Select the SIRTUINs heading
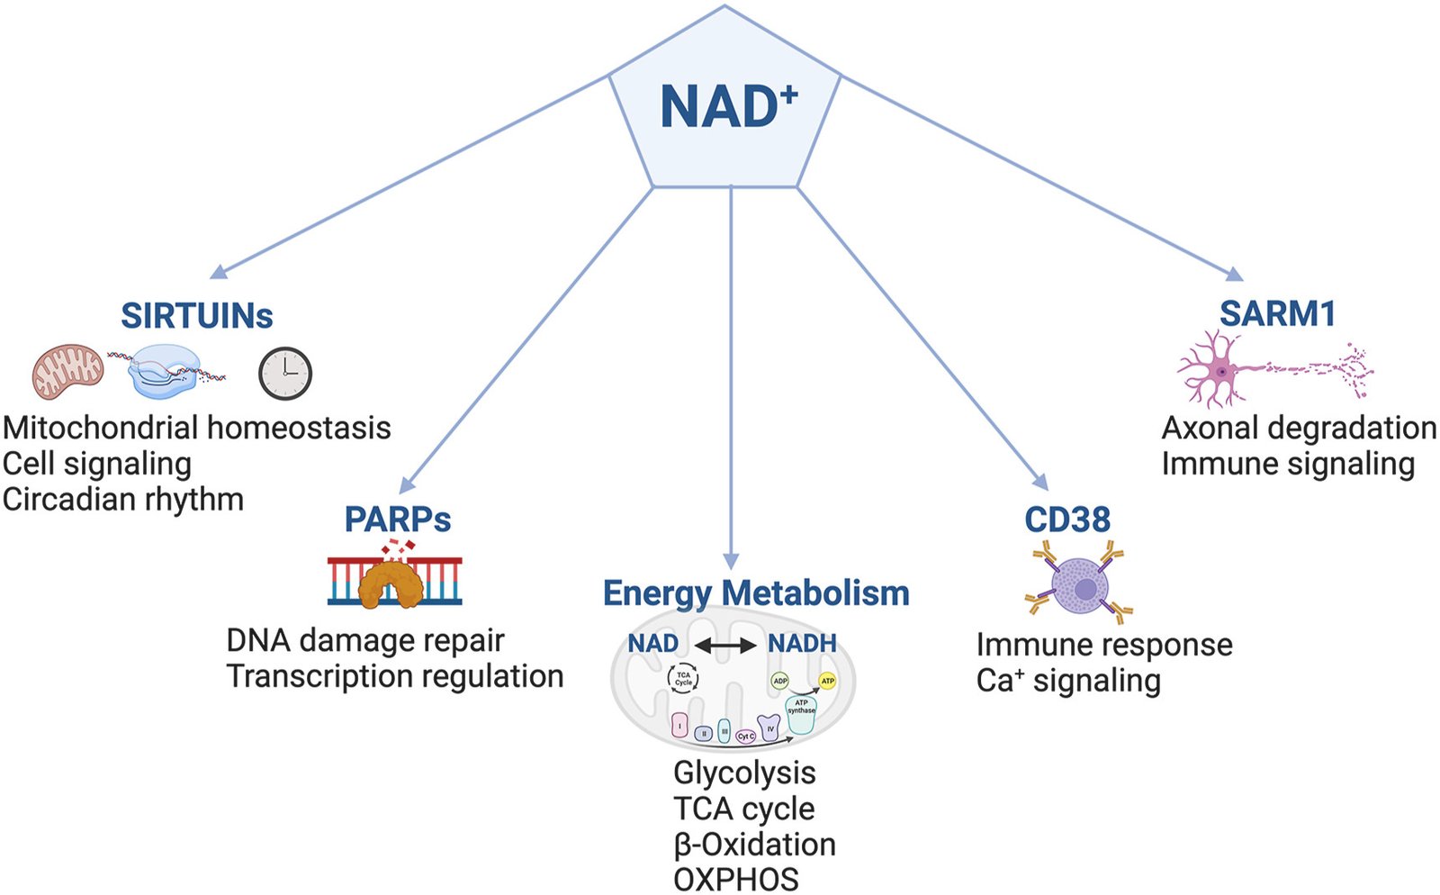pyautogui.click(x=196, y=316)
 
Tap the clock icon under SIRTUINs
pyautogui.click(x=285, y=373)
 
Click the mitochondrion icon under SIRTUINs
pyautogui.click(x=68, y=371)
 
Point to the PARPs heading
pyautogui.click(x=398, y=520)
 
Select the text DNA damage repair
pyautogui.click(x=364, y=640)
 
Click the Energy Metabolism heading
pyautogui.click(x=756, y=593)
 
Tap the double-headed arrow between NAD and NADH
pyautogui.click(x=724, y=645)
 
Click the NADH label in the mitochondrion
pyautogui.click(x=802, y=644)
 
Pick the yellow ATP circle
pyautogui.click(x=827, y=681)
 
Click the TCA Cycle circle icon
pyautogui.click(x=683, y=678)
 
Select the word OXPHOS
pyautogui.click(x=735, y=880)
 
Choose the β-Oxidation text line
pyautogui.click(x=754, y=845)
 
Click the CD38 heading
pyautogui.click(x=1067, y=520)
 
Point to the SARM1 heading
pyautogui.click(x=1277, y=314)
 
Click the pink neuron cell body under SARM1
pyautogui.click(x=1220, y=370)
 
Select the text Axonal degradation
pyautogui.click(x=1299, y=428)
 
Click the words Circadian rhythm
pyautogui.click(x=123, y=499)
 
